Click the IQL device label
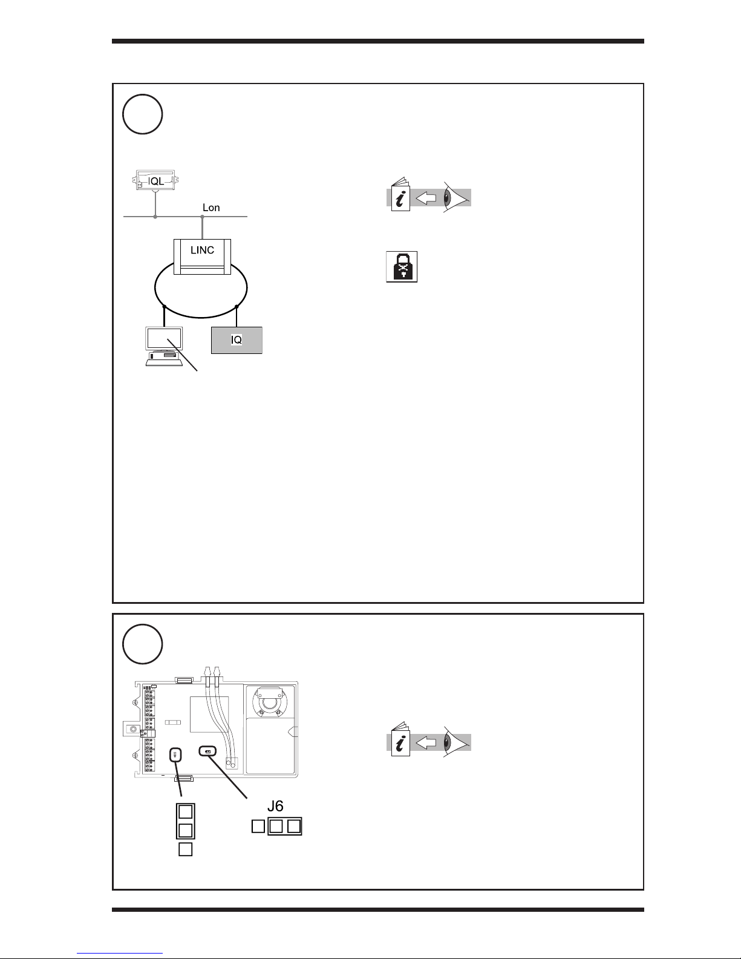click(157, 179)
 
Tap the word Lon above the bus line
click(211, 208)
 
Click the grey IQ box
click(237, 339)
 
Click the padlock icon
click(402, 266)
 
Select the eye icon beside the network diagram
click(455, 197)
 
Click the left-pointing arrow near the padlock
click(427, 197)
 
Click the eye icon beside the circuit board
click(455, 742)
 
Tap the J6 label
click(275, 806)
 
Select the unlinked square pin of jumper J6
click(258, 825)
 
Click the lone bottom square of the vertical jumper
click(186, 849)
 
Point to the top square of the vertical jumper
click(186, 811)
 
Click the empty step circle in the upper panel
click(143, 115)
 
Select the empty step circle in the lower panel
click(143, 644)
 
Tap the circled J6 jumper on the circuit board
click(207, 752)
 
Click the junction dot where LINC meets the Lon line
click(202, 217)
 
